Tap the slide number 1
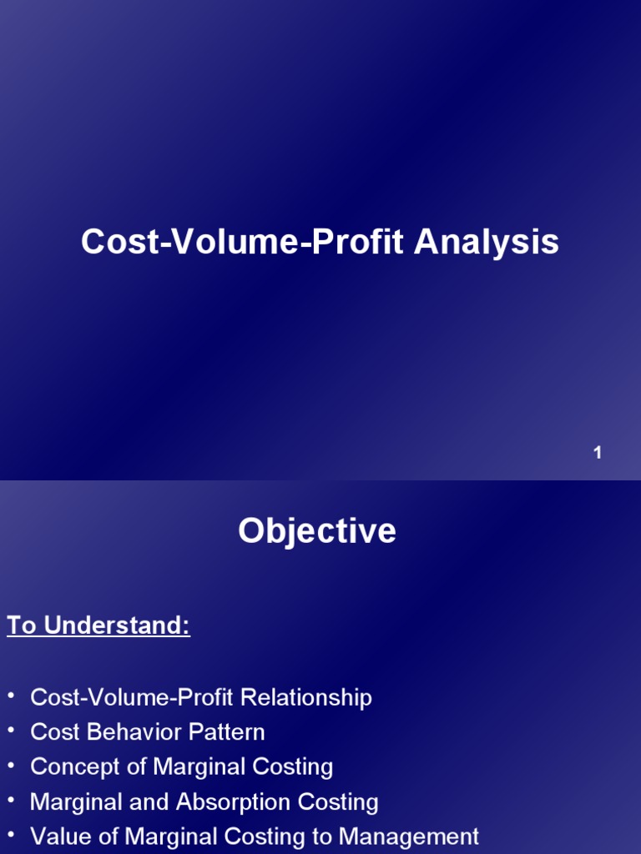click(598, 453)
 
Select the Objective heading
click(317, 531)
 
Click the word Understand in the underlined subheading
click(117, 625)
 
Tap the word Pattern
click(227, 732)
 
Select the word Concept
click(74, 767)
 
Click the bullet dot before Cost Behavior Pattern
click(11, 731)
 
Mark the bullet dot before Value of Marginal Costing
click(11, 835)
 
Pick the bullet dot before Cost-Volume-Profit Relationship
click(11, 696)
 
